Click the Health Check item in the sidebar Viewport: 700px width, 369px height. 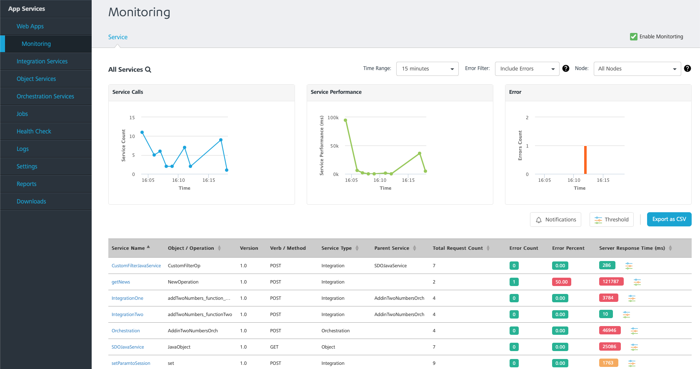34,131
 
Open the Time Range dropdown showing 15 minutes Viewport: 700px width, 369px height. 427,69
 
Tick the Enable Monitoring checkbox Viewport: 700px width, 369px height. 633,37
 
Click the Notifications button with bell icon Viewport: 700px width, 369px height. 555,219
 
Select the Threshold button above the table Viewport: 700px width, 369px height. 611,219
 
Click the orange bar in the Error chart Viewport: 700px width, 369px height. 585,160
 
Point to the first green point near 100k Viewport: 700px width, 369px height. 345,120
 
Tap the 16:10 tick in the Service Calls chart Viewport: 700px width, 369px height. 178,180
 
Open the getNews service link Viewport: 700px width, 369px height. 121,282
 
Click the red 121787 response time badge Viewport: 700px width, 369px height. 611,281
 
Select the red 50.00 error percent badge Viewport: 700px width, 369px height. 562,282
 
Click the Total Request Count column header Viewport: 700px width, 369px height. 457,248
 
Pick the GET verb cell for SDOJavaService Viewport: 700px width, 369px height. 274,347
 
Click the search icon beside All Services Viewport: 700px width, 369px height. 148,70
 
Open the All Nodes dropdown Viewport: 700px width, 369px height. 637,69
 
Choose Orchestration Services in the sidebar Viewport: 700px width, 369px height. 45,96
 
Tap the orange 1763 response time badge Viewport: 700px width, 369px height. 608,363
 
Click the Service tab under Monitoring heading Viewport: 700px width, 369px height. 118,37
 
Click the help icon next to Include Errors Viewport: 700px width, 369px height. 566,68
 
